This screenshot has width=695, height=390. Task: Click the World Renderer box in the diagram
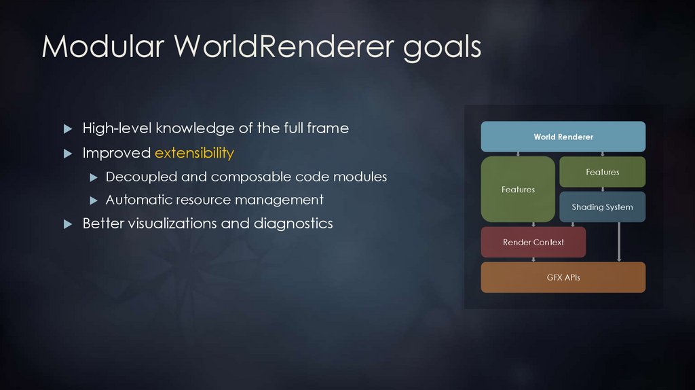(563, 137)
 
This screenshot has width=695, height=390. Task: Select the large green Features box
(518, 190)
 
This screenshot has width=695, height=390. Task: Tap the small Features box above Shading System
(602, 172)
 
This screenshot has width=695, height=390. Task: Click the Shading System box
(602, 207)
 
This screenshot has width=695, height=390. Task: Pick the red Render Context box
(533, 242)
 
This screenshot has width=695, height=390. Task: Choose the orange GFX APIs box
(563, 277)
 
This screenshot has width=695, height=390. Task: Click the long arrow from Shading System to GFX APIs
(619, 242)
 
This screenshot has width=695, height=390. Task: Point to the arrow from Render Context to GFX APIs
(534, 260)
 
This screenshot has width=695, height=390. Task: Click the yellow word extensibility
(194, 153)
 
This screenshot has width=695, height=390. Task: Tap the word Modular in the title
(102, 46)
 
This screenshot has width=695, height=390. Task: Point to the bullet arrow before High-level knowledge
(67, 128)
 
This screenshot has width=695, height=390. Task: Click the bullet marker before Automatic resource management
(94, 200)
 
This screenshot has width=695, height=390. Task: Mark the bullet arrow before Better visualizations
(67, 224)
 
